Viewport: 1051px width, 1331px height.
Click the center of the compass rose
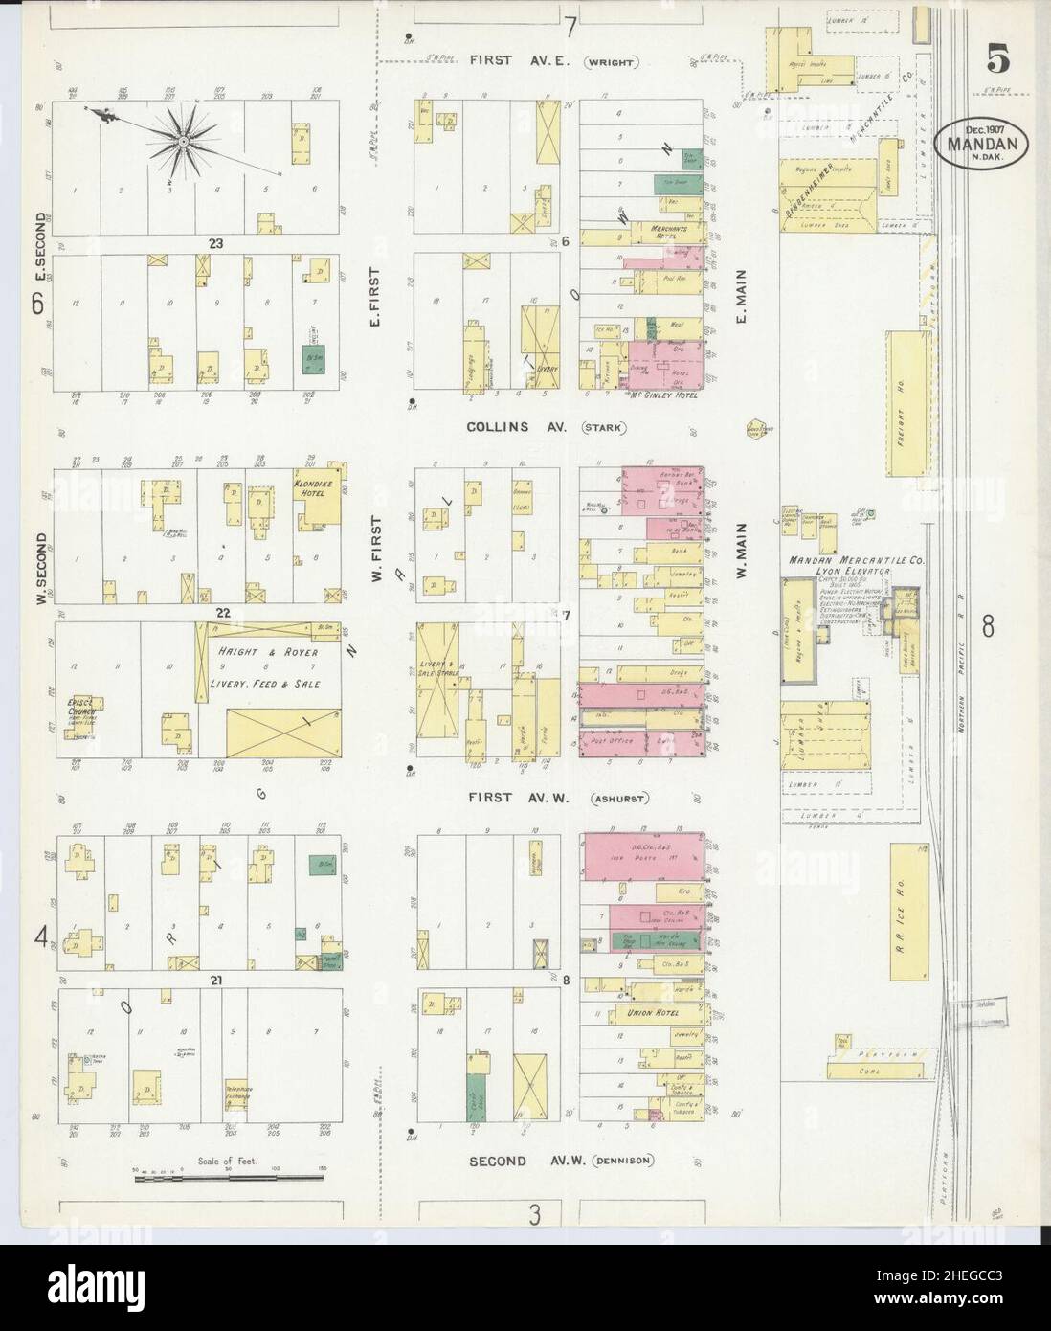point(182,142)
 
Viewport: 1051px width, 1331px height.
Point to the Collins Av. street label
point(514,427)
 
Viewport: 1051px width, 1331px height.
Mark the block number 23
point(204,243)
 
